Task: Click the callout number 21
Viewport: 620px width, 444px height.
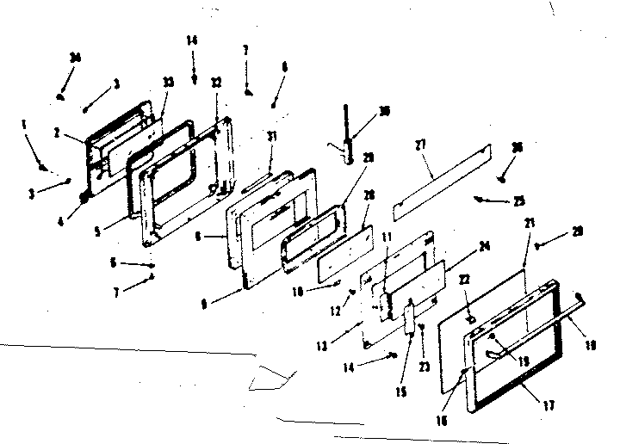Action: [529, 222]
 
